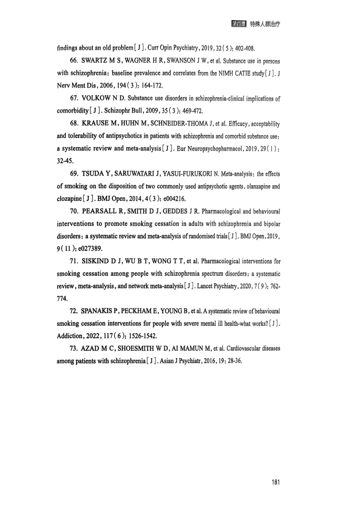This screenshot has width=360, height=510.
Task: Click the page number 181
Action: point(276,482)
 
